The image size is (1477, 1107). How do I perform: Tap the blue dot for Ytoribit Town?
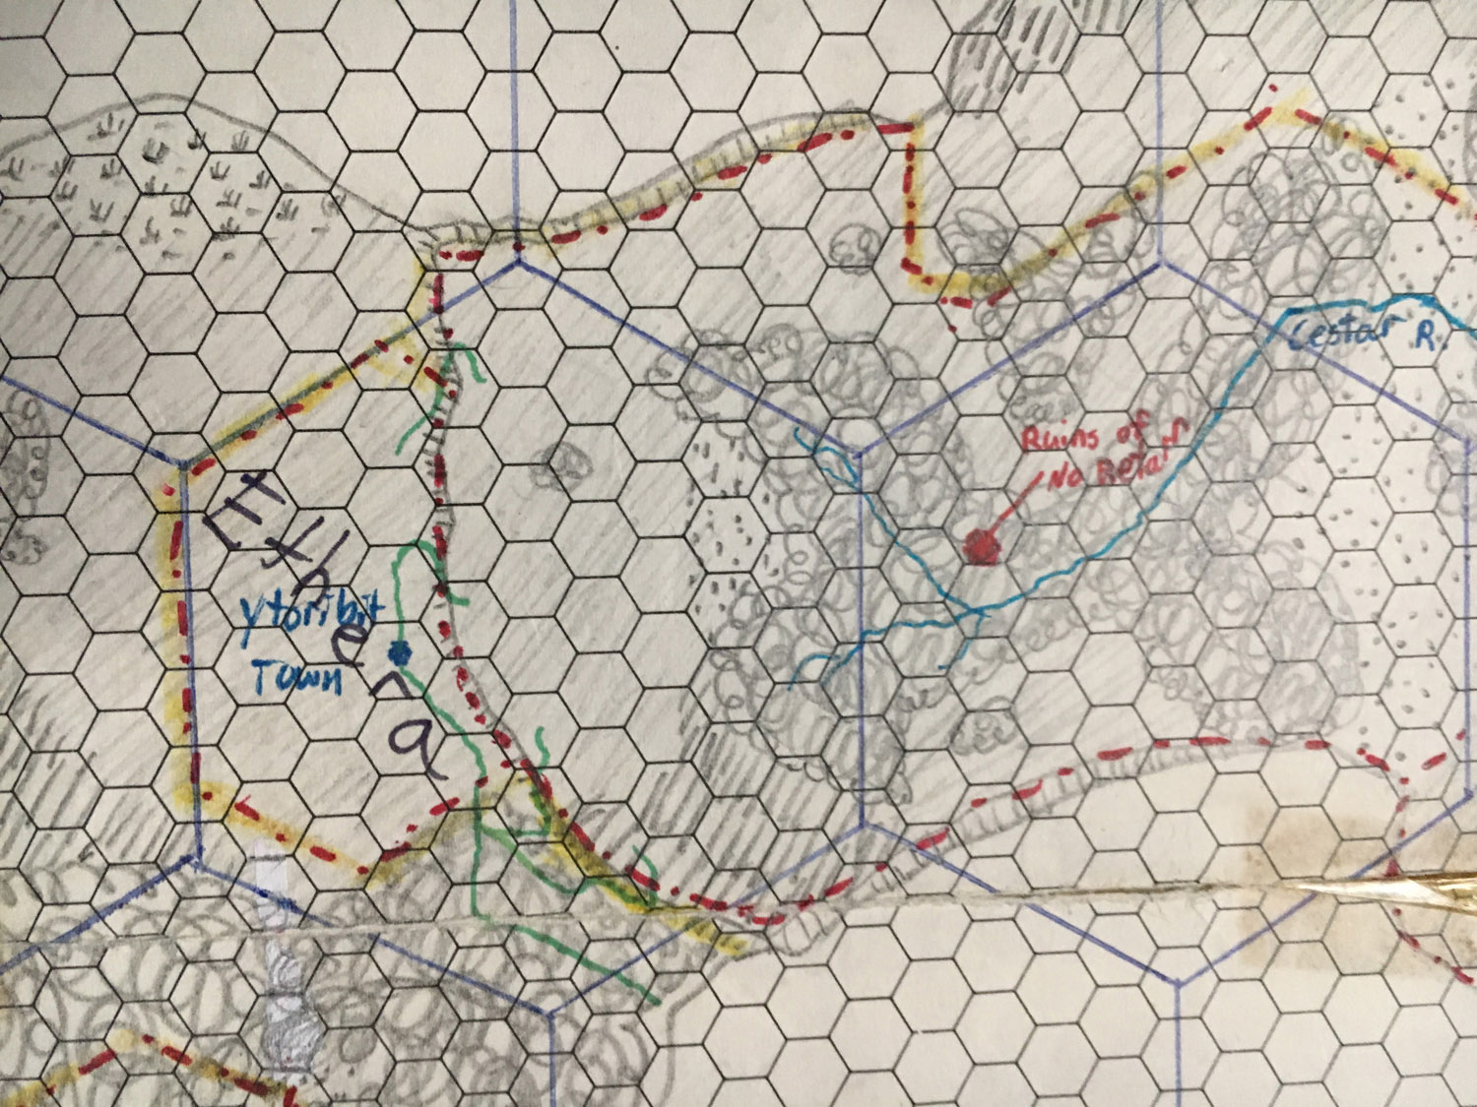click(399, 650)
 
